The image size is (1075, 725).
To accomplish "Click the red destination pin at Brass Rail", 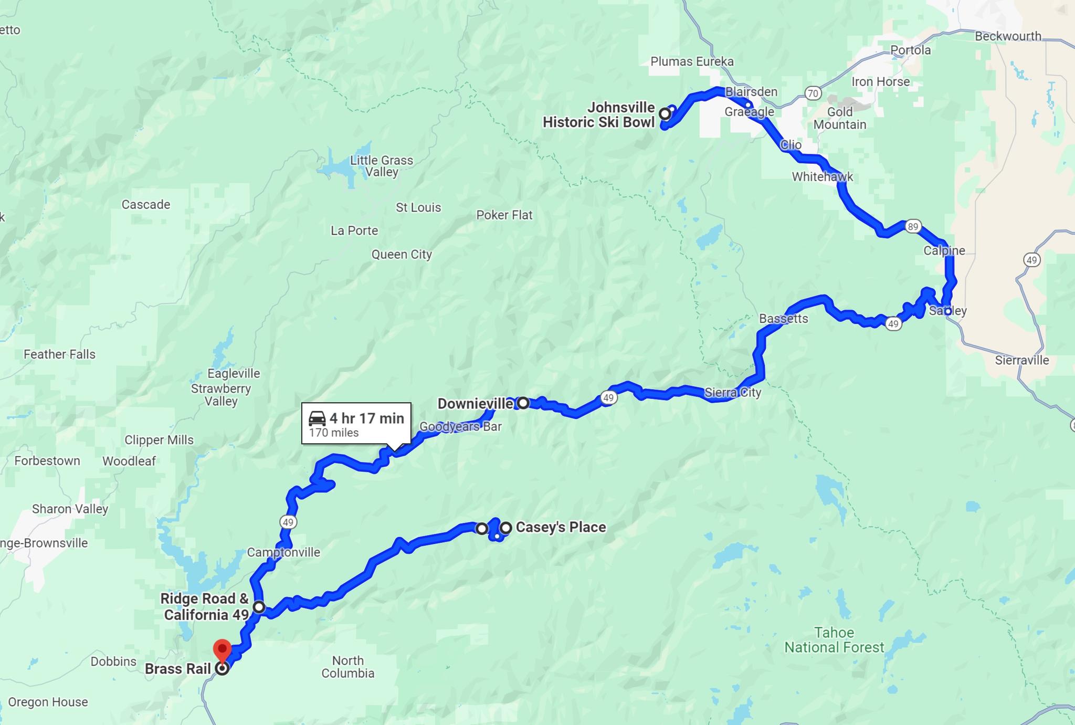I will click(x=222, y=650).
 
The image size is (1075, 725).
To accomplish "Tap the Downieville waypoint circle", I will click(x=523, y=403).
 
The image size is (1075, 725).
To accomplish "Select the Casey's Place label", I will click(x=561, y=527).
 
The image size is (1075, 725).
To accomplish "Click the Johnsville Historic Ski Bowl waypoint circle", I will click(x=665, y=113).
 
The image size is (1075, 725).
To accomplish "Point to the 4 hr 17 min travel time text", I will click(x=366, y=418).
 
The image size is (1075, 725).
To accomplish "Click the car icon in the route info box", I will click(x=317, y=418).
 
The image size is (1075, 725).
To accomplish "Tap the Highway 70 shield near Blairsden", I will click(x=813, y=93).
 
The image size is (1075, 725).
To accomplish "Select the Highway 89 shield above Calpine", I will click(x=913, y=226).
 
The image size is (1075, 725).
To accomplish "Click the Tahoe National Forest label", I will click(x=834, y=640).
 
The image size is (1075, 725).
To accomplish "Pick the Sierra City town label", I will click(x=733, y=392).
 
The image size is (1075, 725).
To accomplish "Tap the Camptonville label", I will click(x=283, y=552).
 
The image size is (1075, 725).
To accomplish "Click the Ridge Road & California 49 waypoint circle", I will click(x=259, y=607).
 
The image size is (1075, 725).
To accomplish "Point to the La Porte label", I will click(x=354, y=230).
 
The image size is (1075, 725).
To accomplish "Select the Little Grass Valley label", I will click(x=382, y=166).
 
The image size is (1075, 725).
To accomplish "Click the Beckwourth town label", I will click(x=1008, y=36).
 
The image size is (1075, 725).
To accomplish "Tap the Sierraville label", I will click(x=1022, y=360).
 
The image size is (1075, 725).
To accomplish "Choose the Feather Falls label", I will click(x=59, y=354).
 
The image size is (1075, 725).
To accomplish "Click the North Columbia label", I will click(x=348, y=667).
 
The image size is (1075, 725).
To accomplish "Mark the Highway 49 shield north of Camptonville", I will click(x=288, y=522).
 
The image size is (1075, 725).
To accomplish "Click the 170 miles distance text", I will click(x=334, y=433).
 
